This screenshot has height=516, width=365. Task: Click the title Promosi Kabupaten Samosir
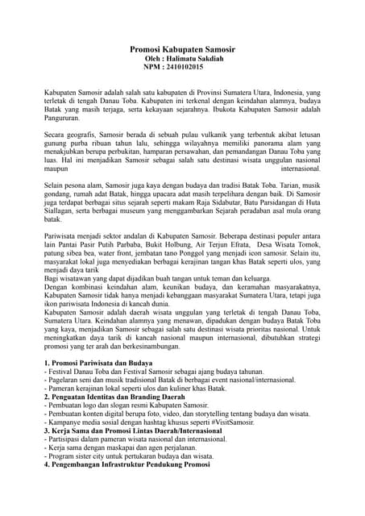point(183,50)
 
